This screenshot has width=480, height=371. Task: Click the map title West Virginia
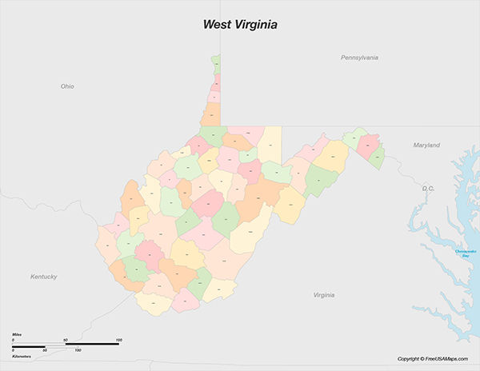click(240, 25)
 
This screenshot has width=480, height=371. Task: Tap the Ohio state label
click(67, 86)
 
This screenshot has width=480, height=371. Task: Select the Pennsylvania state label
click(359, 58)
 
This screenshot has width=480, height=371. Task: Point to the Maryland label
click(426, 146)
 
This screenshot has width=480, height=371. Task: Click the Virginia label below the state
click(323, 295)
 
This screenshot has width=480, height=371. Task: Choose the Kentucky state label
click(44, 277)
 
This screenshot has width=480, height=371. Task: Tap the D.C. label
click(428, 188)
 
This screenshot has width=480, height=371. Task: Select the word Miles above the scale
click(17, 333)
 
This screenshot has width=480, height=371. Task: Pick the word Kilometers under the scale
click(22, 357)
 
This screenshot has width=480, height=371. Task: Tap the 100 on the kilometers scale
click(78, 351)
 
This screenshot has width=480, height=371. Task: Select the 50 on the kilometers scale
click(45, 351)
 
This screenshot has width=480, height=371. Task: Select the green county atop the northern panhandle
click(216, 61)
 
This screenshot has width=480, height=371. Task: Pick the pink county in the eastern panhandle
click(368, 145)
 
